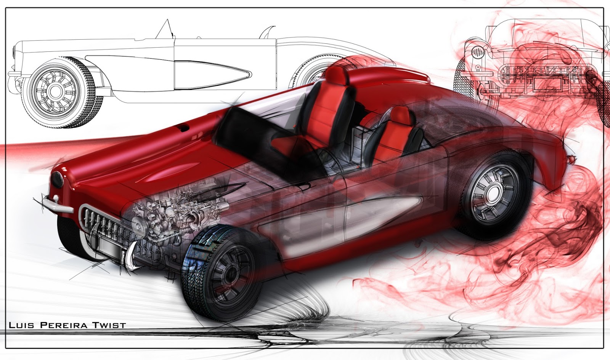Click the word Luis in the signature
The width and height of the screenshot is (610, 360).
coord(21,325)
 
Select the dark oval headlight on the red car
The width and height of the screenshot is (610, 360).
coord(57,179)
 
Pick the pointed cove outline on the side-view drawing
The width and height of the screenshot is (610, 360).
coord(213,72)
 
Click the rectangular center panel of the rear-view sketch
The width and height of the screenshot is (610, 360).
coord(547,84)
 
